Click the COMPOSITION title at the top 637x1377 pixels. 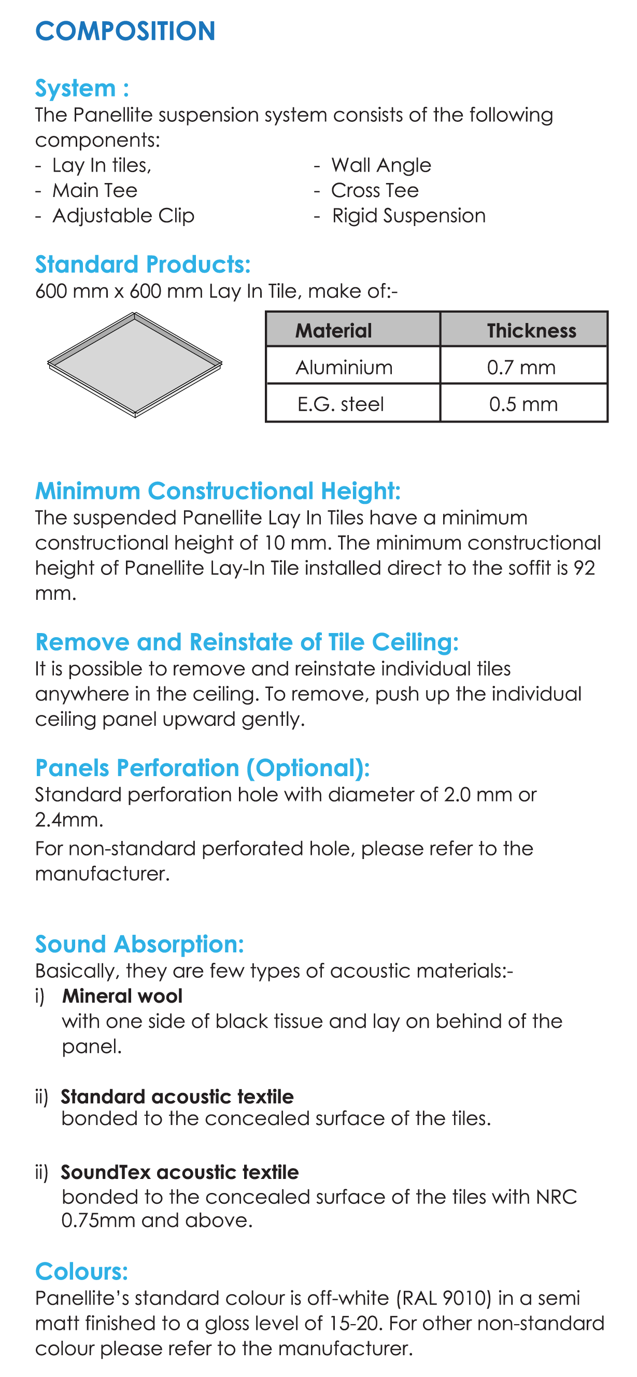[125, 31]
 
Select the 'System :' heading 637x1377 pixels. [82, 88]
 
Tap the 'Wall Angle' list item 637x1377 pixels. [380, 165]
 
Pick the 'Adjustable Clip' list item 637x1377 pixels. [123, 216]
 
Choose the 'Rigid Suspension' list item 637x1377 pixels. [408, 216]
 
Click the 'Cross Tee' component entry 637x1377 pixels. [375, 190]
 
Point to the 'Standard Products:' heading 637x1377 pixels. [143, 264]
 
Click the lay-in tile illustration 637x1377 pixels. [135, 364]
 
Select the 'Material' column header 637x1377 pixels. [333, 330]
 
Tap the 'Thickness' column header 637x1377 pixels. [531, 330]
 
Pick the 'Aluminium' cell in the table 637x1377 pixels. [344, 367]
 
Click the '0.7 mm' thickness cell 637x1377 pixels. [521, 367]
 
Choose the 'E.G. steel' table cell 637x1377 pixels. [341, 403]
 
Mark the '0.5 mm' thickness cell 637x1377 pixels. [523, 403]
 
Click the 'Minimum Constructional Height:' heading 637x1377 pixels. [218, 491]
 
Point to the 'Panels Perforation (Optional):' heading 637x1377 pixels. [203, 768]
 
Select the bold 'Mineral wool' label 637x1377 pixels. [122, 996]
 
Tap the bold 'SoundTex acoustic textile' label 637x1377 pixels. [179, 1172]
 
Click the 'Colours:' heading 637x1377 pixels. [82, 1272]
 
